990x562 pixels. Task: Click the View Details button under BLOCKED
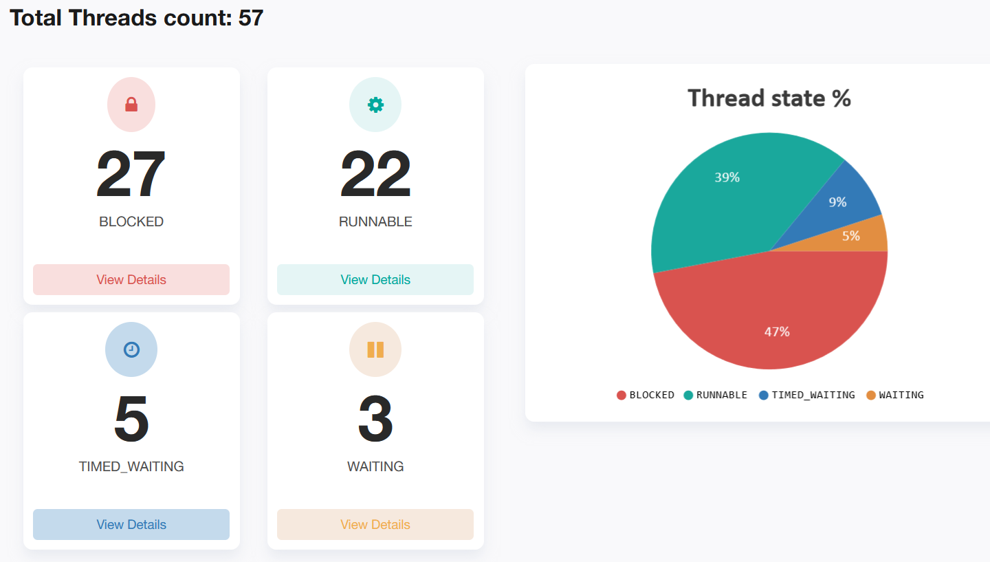(x=131, y=280)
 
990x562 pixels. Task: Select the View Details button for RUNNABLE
(x=375, y=280)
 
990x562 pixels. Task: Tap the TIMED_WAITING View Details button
(x=131, y=525)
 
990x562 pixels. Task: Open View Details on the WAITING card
(x=375, y=525)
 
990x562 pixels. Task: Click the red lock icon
(x=131, y=105)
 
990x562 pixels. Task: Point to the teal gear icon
(x=375, y=105)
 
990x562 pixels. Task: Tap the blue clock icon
(x=131, y=349)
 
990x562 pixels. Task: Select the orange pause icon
(x=375, y=349)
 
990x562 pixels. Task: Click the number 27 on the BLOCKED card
(x=131, y=175)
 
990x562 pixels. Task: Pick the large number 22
(x=375, y=175)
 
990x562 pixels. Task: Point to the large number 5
(x=131, y=420)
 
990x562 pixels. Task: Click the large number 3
(x=375, y=420)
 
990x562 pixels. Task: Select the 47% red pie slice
(x=777, y=316)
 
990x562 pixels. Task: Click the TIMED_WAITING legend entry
(x=807, y=395)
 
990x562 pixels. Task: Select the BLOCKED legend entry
(x=646, y=395)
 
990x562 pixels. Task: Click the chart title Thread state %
(x=769, y=98)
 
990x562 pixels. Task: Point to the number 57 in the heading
(x=251, y=18)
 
